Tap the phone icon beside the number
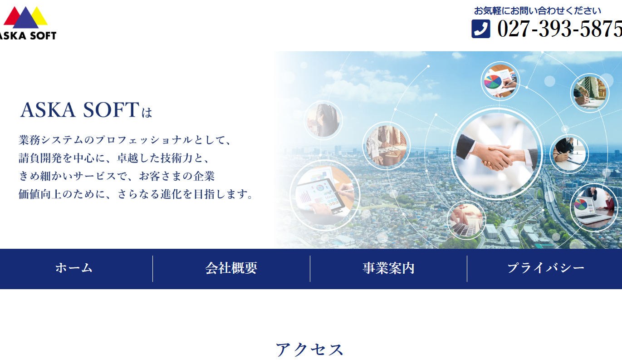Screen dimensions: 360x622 coord(481,29)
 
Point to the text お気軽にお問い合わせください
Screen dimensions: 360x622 coord(538,10)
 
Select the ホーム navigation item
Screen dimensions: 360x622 coord(74,268)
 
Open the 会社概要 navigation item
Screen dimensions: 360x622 coord(231,268)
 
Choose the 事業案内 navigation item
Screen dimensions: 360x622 coord(388,268)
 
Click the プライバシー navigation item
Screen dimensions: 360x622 coord(546,268)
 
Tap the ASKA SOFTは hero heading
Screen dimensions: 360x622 coord(86,110)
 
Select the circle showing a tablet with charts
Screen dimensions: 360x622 coord(324,195)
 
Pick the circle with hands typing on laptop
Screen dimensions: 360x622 coord(466,220)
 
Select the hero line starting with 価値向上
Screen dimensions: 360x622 coord(136,194)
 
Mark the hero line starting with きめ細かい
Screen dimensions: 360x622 coord(117,176)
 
